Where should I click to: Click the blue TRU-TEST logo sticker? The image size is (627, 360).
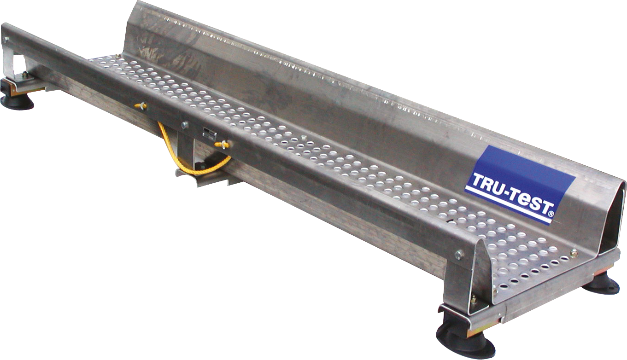(520, 184)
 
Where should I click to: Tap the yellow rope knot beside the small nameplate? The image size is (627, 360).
(221, 145)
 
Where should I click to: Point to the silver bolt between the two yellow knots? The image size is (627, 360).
(184, 124)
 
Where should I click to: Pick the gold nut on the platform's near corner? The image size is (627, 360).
(574, 252)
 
